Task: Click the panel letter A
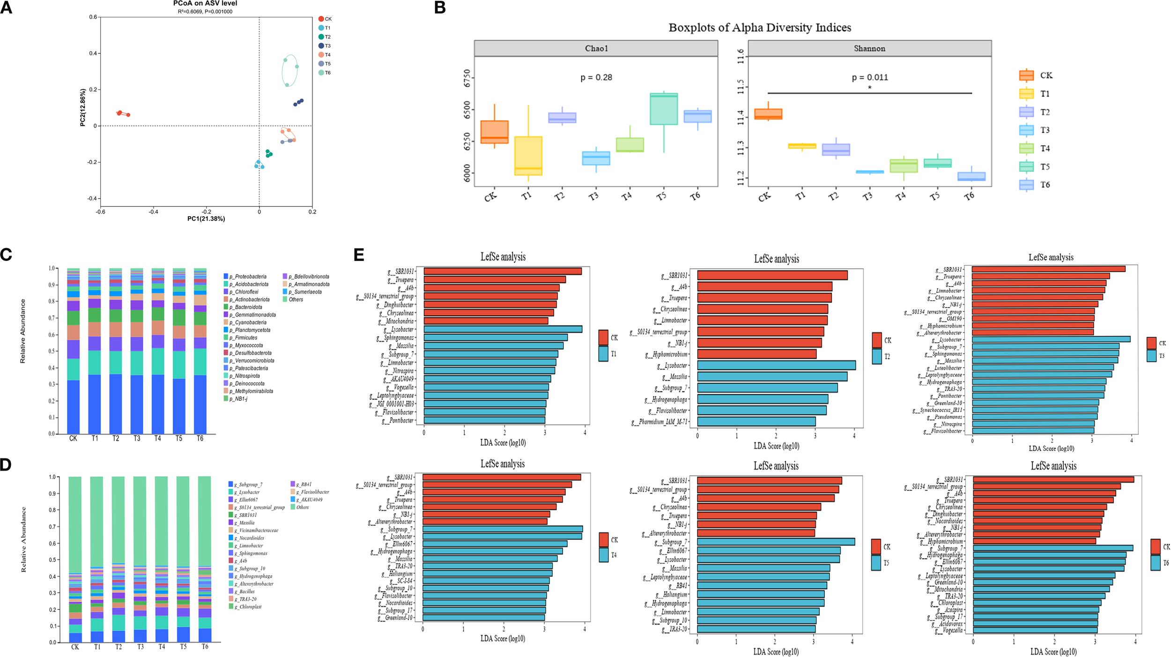[x=6, y=8]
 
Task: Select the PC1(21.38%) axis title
[x=206, y=219]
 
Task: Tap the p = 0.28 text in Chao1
[x=596, y=77]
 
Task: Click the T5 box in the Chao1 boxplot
[x=663, y=109]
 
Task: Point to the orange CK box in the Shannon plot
[x=768, y=114]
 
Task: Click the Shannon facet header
[x=869, y=48]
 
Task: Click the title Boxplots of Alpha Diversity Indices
[x=759, y=28]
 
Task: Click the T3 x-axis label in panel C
[x=137, y=438]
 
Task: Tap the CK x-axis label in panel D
[x=75, y=647]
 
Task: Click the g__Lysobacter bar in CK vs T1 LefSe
[x=503, y=329]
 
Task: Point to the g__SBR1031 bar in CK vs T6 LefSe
[x=1053, y=480]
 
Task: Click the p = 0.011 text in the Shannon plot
[x=869, y=77]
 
